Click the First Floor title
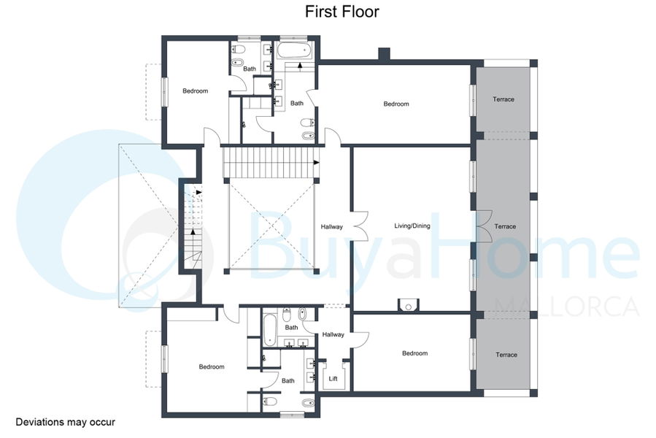[341, 12]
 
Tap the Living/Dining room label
[412, 226]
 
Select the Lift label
[333, 379]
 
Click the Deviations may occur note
[65, 422]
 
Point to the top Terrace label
[503, 99]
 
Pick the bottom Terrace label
[506, 355]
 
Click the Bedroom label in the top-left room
[195, 91]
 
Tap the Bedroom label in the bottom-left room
[212, 366]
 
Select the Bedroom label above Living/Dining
[396, 104]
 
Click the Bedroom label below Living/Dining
[414, 353]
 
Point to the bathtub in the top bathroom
[295, 50]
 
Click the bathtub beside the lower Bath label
[269, 331]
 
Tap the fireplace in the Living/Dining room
[408, 305]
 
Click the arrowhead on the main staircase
[317, 163]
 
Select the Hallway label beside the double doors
[332, 226]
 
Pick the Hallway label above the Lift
[333, 334]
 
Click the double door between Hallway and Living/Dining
[360, 226]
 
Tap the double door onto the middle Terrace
[485, 226]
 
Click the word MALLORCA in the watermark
[567, 307]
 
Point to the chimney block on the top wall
[384, 54]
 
